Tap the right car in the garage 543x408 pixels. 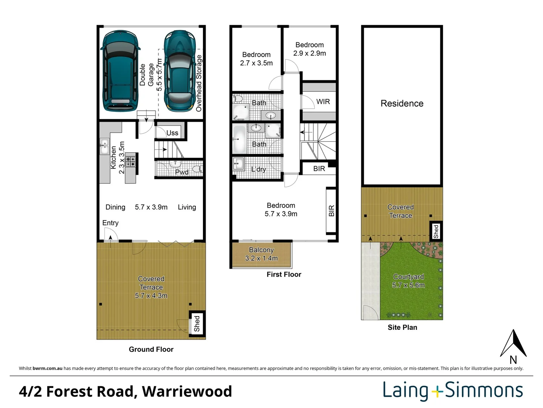[x=180, y=71]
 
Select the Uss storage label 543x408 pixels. [x=172, y=133]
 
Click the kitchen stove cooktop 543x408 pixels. [x=131, y=162]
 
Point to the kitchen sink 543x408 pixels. [x=104, y=147]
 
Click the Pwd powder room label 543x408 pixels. [x=182, y=172]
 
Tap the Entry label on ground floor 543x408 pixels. [x=110, y=223]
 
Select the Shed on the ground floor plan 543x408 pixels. [x=197, y=324]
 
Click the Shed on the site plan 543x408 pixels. [x=436, y=231]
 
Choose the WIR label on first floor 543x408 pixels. [x=323, y=102]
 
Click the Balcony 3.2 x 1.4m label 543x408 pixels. [x=261, y=254]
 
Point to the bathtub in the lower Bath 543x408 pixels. [x=239, y=139]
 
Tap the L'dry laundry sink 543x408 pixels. [x=238, y=164]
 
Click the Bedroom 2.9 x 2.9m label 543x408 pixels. [x=309, y=49]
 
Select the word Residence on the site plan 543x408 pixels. [x=402, y=104]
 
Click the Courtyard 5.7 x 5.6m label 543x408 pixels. [x=408, y=281]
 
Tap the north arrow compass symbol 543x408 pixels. [x=513, y=345]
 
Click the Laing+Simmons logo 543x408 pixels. [x=452, y=391]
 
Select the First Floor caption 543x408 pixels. [x=284, y=275]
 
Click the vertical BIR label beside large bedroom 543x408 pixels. [x=331, y=211]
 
